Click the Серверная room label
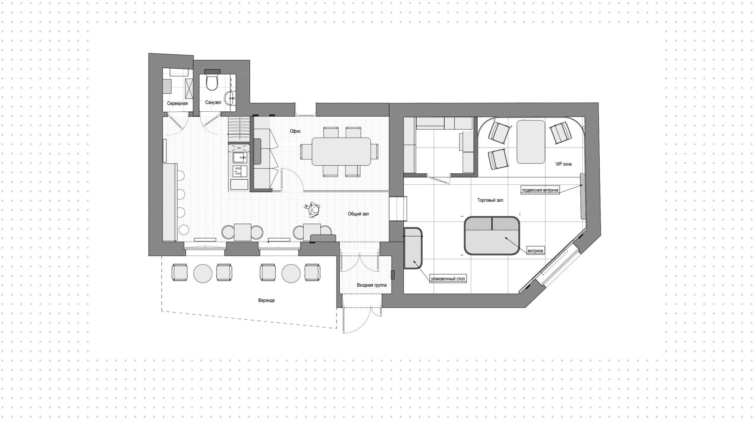(177, 104)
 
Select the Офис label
(295, 131)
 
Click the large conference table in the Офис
(341, 151)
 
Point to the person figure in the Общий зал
(313, 210)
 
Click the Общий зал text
(358, 214)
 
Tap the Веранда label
(266, 300)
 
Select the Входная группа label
(372, 285)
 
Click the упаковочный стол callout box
(448, 279)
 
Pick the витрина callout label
(536, 250)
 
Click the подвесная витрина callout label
(540, 190)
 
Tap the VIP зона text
(563, 164)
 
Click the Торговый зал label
(490, 200)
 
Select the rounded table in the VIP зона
(531, 142)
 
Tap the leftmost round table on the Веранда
(203, 272)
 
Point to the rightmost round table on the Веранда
(291, 272)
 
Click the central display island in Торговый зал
(492, 236)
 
